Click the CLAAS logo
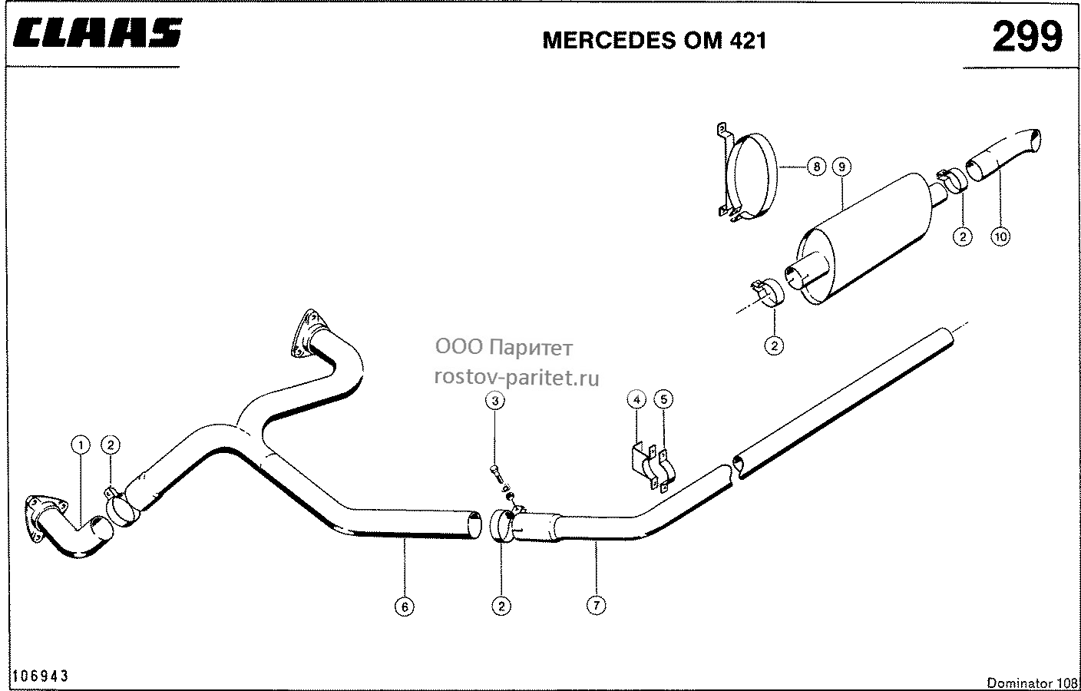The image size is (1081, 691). coord(98,33)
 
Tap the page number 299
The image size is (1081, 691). coord(1028,36)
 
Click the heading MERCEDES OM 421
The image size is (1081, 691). coord(654,41)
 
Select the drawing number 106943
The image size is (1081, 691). coord(40,676)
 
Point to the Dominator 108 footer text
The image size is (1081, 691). coord(1032,683)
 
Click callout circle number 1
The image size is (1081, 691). coord(81,445)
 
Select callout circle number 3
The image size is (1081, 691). coord(494,401)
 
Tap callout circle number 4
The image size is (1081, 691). coord(636,399)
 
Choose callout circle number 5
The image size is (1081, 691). coord(663,399)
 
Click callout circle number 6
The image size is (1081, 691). coord(405,607)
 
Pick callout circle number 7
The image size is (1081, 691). coord(596,605)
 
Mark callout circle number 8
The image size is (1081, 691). coord(817,167)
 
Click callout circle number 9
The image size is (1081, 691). coord(841,167)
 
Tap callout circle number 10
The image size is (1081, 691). coord(1000,236)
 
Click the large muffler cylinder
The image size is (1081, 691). coord(864,239)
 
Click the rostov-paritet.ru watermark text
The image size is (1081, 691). coord(517,378)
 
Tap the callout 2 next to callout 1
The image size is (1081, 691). coord(111,445)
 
